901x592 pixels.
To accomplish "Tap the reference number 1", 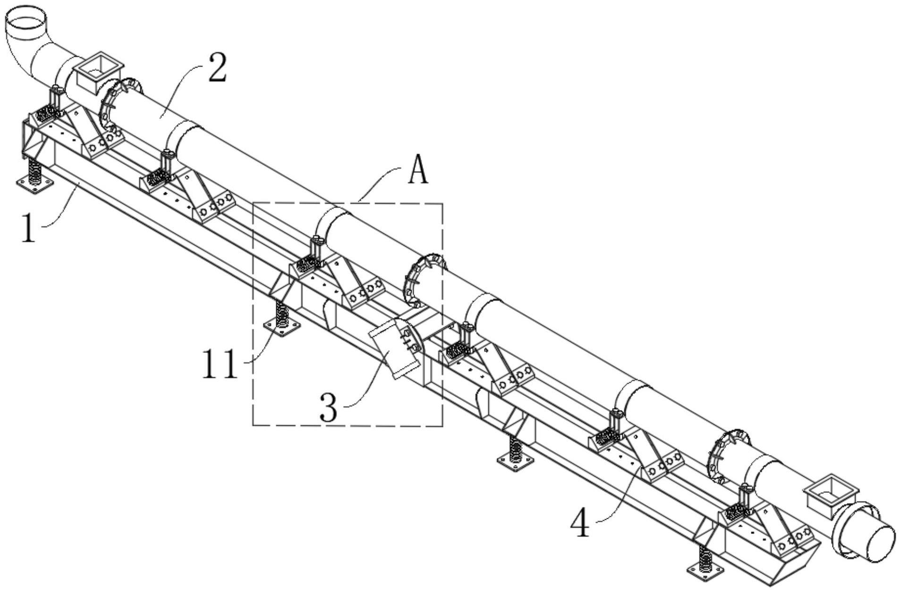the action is (x=30, y=228).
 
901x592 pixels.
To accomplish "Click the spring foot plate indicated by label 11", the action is (x=282, y=326).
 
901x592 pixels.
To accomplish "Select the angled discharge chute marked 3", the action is (x=396, y=348).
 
